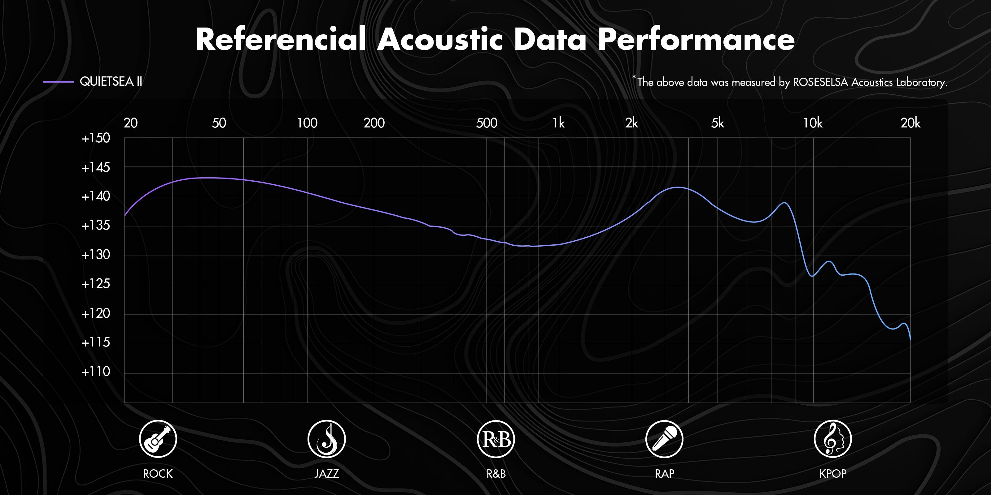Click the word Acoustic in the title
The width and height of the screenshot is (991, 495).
440,39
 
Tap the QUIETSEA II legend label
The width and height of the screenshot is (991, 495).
111,81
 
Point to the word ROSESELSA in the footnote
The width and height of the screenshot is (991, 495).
821,82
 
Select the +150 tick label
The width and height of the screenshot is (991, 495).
96,138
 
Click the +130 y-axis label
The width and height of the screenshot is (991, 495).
96,254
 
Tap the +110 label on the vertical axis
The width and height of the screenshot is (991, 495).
96,371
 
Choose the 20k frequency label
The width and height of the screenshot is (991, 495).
910,123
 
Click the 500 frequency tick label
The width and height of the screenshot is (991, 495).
487,123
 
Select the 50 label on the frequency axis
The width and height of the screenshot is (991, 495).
219,123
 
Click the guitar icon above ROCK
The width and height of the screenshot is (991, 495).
158,439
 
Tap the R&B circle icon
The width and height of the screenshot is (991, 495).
495,439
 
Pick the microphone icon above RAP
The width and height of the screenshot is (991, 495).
664,439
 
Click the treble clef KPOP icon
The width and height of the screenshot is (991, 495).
833,439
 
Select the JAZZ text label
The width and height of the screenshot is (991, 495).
327,473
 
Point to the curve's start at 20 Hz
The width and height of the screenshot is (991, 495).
124,215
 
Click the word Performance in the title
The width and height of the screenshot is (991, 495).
696,39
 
